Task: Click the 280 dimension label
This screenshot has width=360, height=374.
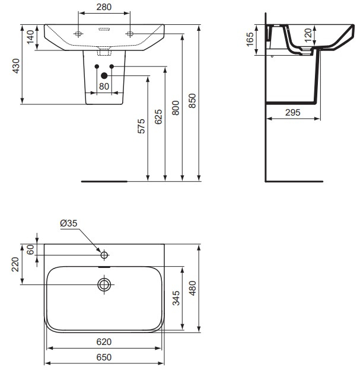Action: [x=104, y=7]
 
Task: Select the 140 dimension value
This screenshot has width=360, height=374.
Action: [x=28, y=39]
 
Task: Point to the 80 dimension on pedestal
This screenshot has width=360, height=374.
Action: [x=104, y=86]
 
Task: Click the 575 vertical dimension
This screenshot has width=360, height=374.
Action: [x=141, y=127]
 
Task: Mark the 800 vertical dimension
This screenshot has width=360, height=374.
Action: [x=176, y=107]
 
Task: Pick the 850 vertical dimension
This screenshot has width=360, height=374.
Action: [x=192, y=102]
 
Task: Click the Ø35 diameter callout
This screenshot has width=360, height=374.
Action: [x=68, y=223]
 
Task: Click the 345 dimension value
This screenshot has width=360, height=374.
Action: [x=175, y=298]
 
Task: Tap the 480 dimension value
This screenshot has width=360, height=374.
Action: [x=192, y=288]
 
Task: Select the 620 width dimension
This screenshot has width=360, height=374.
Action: [x=104, y=342]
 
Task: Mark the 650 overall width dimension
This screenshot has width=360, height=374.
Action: [x=104, y=357]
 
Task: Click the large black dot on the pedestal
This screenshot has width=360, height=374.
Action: [x=104, y=75]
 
